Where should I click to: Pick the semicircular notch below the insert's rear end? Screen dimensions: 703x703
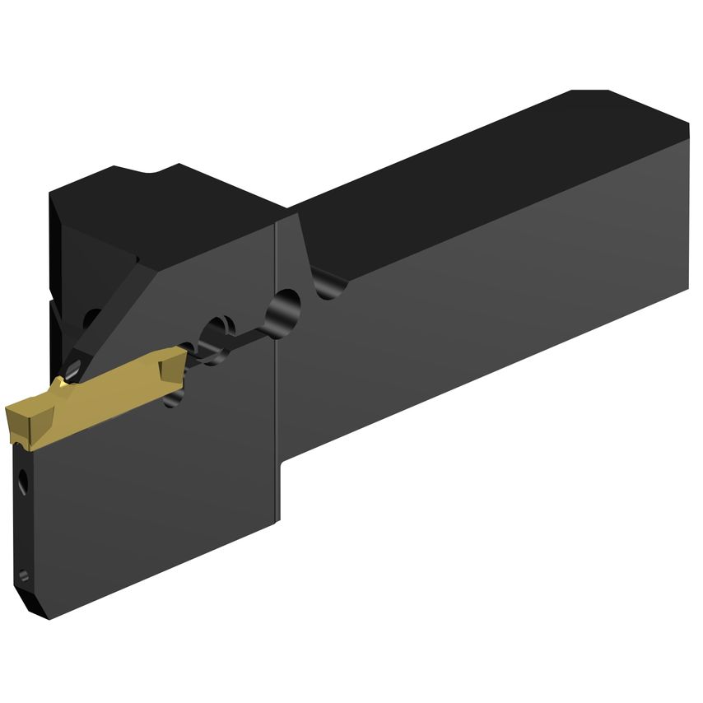pyautogui.click(x=175, y=398)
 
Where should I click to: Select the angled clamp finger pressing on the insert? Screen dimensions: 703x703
pyautogui.click(x=107, y=321)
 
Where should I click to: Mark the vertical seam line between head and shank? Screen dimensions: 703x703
pyautogui.click(x=277, y=370)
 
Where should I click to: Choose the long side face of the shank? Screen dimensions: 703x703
pyautogui.click(x=494, y=329)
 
